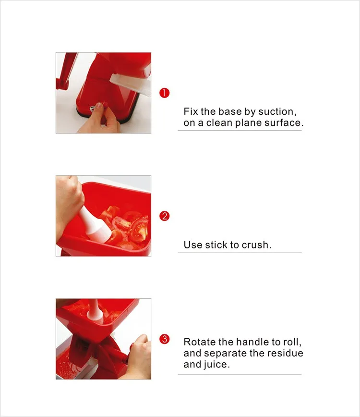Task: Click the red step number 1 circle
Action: [165, 93]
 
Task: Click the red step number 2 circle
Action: [165, 216]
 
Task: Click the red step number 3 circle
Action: [165, 339]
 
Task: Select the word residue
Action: [285, 353]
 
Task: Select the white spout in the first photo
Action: [130, 85]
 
